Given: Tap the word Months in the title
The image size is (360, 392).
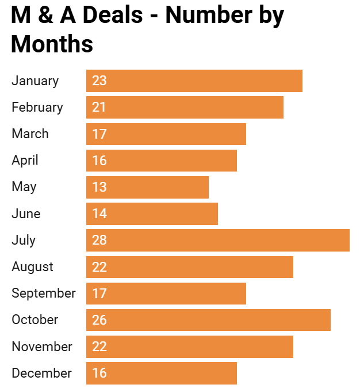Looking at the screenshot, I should pyautogui.click(x=52, y=44).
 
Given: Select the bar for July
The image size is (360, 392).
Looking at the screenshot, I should pyautogui.click(x=217, y=240).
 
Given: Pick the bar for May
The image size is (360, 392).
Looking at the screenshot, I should pyautogui.click(x=147, y=187).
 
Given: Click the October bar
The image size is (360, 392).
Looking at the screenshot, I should pyautogui.click(x=208, y=320).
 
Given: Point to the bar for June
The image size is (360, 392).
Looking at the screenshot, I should pyautogui.click(x=152, y=214).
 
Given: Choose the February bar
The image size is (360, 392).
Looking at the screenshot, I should pyautogui.click(x=185, y=107).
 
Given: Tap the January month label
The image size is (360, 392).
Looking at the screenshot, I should pyautogui.click(x=35, y=81).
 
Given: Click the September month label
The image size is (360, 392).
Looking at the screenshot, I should pyautogui.click(x=44, y=293).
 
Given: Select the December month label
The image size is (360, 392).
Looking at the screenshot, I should pyautogui.click(x=41, y=373).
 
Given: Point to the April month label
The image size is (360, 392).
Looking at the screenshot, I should pyautogui.click(x=25, y=160).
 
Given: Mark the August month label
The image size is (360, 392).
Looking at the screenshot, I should pyautogui.click(x=32, y=267).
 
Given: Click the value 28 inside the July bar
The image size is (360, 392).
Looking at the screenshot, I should pyautogui.click(x=99, y=240).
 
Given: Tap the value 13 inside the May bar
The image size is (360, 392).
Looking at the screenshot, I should pyautogui.click(x=99, y=187).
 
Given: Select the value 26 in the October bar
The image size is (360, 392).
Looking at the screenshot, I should pyautogui.click(x=99, y=320).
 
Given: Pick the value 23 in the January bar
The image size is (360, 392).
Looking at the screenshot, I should pyautogui.click(x=99, y=81).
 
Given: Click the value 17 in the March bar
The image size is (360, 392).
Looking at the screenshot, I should pyautogui.click(x=99, y=134).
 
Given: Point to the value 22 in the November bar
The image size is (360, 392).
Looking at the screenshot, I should pyautogui.click(x=99, y=347).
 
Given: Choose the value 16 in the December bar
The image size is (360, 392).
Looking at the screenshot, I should pyautogui.click(x=99, y=373).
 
